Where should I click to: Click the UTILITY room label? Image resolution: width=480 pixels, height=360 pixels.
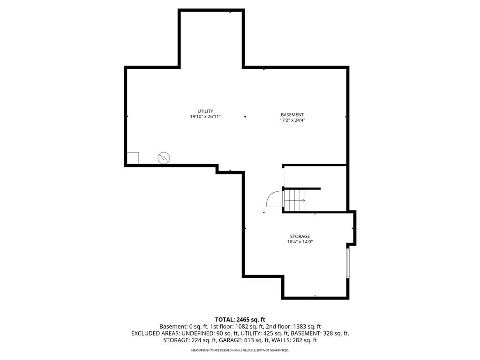coord(205,111)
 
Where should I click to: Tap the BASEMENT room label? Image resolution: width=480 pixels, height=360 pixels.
coord(292,115)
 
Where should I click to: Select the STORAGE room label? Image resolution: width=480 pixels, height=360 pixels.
coord(300,236)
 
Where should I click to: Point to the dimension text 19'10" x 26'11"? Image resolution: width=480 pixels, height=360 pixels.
coord(205,117)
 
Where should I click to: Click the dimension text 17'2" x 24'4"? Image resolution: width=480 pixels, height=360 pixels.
coord(292,120)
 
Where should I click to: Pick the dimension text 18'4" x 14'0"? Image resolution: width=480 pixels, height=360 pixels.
coord(300,242)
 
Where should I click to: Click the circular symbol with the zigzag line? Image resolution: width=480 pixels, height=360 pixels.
coord(164,158)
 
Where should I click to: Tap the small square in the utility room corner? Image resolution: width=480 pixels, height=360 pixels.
coord(133,158)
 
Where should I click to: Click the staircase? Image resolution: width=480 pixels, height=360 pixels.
coord(294,200)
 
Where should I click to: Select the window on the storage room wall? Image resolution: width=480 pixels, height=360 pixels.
coord(348,263)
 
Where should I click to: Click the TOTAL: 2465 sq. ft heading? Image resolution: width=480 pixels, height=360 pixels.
coord(240,320)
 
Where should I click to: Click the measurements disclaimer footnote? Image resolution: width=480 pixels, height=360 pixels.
coord(240,350)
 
